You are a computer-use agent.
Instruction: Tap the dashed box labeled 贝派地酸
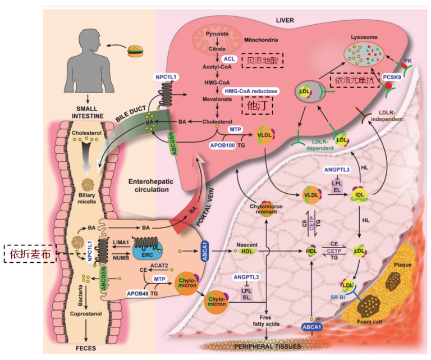262,60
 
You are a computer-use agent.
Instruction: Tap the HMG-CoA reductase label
251,90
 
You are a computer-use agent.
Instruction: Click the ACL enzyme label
228,58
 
